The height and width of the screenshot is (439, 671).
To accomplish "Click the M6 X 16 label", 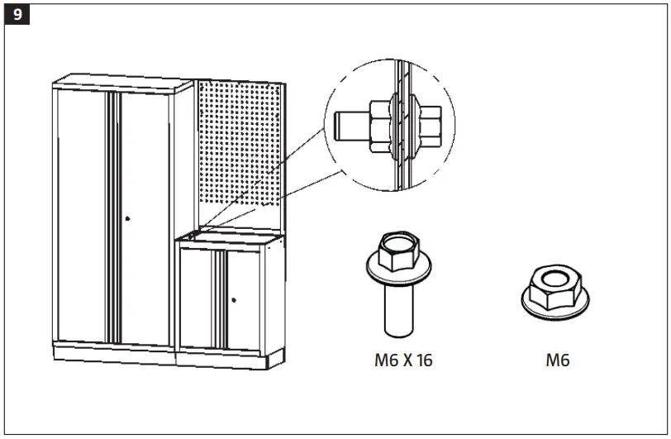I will (x=402, y=360).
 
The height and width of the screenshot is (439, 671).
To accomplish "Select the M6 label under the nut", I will (x=558, y=360).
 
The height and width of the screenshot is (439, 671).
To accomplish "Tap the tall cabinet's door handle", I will (x=128, y=218).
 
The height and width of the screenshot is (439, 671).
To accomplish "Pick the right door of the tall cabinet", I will (x=145, y=215).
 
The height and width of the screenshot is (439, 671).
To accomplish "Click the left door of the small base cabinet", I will (x=197, y=298).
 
